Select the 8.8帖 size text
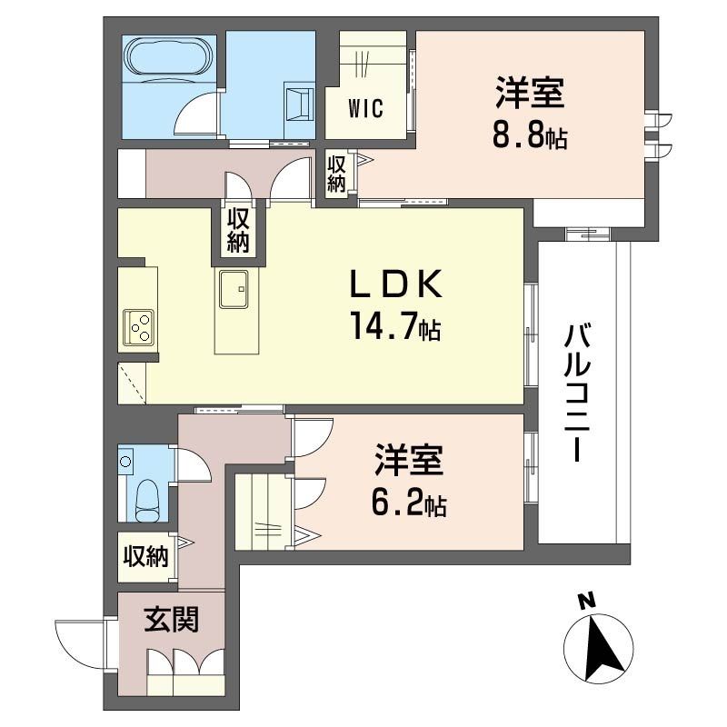click(529, 135)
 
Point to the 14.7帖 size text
click(396, 325)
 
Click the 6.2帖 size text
click(410, 503)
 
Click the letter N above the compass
click(588, 601)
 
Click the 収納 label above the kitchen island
click(239, 230)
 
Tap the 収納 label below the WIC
click(337, 174)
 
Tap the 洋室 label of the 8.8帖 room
click(529, 94)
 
